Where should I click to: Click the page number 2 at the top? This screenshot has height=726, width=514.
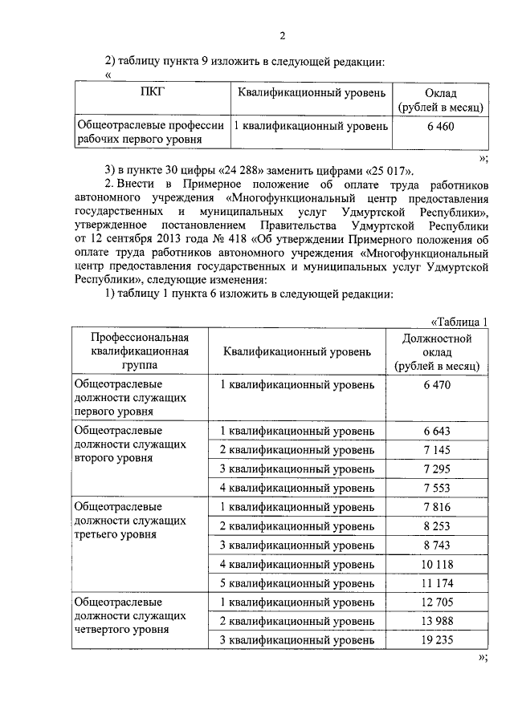tap(283, 34)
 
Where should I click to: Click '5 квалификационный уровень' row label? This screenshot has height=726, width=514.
tap(297, 582)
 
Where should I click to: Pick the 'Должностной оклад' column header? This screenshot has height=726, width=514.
tap(438, 351)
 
